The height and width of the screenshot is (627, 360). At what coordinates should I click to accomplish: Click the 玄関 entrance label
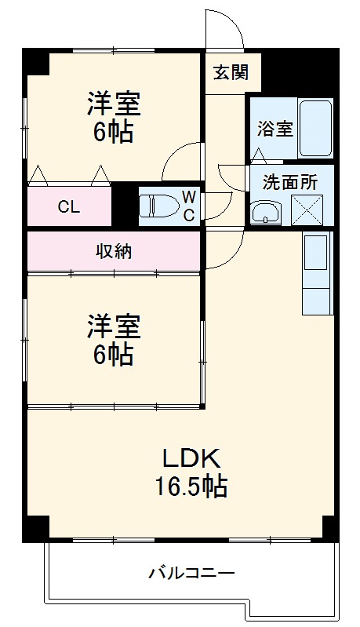pyautogui.click(x=231, y=73)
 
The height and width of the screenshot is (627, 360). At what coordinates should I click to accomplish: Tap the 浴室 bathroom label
pyautogui.click(x=275, y=128)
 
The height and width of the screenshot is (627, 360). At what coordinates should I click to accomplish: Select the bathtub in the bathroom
pyautogui.click(x=316, y=127)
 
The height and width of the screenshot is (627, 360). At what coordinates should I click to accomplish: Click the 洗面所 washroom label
pyautogui.click(x=289, y=182)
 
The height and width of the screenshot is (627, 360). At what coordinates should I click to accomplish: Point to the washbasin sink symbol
pyautogui.click(x=264, y=211)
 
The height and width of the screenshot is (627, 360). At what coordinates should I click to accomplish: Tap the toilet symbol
pyautogui.click(x=158, y=206)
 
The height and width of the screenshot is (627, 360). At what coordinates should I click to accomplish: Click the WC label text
pyautogui.click(x=189, y=206)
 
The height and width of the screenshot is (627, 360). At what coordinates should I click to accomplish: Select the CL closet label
pyautogui.click(x=69, y=207)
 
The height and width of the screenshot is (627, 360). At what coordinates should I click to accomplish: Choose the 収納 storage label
pyautogui.click(x=114, y=251)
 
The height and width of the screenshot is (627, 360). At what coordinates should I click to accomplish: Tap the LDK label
pyautogui.click(x=189, y=458)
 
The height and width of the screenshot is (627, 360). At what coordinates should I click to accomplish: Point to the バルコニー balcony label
pyautogui.click(x=191, y=574)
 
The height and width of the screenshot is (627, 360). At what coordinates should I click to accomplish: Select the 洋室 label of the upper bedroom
pyautogui.click(x=114, y=104)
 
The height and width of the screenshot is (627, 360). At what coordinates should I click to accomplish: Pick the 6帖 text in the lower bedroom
pyautogui.click(x=114, y=355)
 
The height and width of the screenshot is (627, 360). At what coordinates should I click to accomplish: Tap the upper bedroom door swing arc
pyautogui.click(x=176, y=161)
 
